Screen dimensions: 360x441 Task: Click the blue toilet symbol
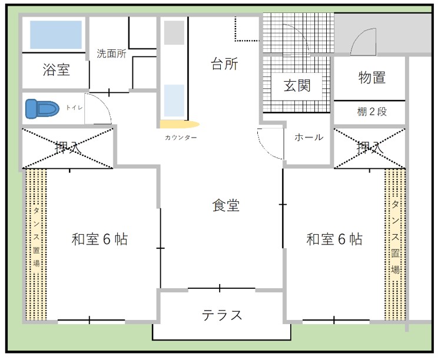click(43, 109)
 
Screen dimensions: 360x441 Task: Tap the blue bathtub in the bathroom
click(56, 35)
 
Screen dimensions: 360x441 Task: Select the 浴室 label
click(56, 69)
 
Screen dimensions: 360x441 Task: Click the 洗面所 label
click(111, 54)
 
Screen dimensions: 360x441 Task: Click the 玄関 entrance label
click(297, 85)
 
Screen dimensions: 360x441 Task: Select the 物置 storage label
click(372, 77)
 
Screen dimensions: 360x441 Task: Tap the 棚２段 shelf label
click(372, 111)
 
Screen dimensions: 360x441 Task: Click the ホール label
click(309, 137)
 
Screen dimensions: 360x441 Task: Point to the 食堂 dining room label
click(226, 205)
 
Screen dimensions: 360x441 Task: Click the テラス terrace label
click(222, 315)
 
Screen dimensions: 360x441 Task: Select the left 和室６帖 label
click(100, 239)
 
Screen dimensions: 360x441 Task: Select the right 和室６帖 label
click(334, 239)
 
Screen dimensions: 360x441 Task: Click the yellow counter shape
click(180, 124)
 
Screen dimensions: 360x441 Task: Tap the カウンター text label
click(181, 138)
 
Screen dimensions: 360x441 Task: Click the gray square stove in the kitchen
click(174, 34)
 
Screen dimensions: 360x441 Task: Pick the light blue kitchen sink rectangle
click(174, 100)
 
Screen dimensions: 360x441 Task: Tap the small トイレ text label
click(74, 109)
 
